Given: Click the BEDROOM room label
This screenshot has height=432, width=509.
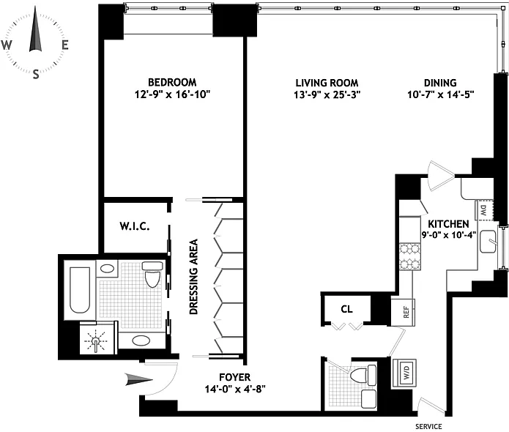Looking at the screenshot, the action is (172, 82).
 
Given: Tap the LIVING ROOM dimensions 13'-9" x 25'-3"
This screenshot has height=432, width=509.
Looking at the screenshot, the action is (327, 94).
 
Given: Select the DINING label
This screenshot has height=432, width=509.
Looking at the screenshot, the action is (440, 83).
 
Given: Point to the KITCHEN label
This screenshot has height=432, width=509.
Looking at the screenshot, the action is (448, 224).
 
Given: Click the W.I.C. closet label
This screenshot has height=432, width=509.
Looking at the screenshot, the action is (135, 226).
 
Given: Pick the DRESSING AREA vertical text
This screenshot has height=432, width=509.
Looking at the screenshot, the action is (194, 277).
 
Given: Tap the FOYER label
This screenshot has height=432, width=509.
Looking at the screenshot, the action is (234, 377).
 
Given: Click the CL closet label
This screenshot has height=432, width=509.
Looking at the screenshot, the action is (346, 309).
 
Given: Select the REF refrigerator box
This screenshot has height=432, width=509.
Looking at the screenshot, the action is (403, 312).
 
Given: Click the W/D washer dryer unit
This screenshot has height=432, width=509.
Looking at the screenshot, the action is (404, 372).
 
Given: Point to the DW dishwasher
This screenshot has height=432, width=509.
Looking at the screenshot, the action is (484, 211).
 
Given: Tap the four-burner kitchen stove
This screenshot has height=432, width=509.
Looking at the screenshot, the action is (410, 256).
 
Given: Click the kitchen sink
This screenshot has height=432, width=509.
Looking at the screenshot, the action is (488, 242).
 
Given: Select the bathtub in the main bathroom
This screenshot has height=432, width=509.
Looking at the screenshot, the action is (80, 290).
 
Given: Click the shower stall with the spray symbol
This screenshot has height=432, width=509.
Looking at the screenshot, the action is (98, 338).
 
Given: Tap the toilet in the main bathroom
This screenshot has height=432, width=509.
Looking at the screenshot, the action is (152, 275).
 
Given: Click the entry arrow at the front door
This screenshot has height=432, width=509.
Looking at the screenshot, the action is (139, 379).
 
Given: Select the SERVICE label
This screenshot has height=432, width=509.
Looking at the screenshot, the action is (428, 426).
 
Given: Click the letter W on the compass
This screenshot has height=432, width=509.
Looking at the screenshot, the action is (7, 45).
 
